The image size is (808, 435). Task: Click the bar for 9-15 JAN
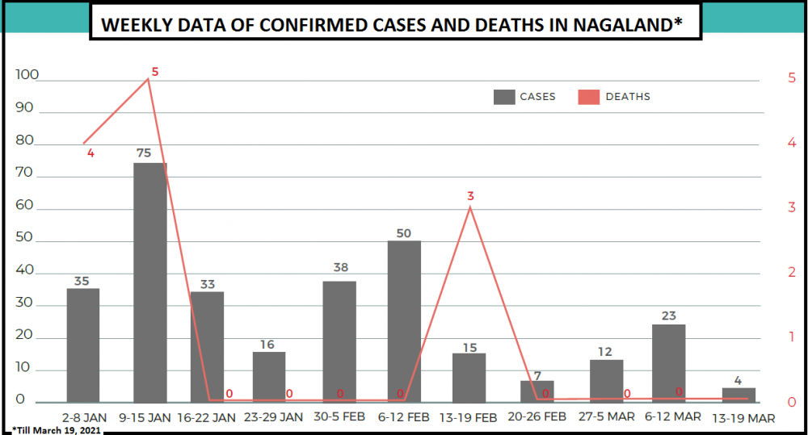[150, 282]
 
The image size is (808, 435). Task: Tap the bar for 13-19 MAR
[739, 395]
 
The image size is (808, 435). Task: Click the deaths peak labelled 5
[149, 78]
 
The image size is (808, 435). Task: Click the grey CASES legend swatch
[504, 97]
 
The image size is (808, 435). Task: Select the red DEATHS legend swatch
[589, 97]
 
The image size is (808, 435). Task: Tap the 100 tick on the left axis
[27, 76]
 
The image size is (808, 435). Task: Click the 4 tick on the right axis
[792, 143]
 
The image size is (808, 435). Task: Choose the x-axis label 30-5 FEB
[340, 417]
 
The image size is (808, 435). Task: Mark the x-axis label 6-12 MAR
[673, 417]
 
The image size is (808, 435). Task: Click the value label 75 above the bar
[145, 153]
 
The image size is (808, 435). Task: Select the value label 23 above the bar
[668, 316]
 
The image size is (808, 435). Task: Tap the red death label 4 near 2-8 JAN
[90, 153]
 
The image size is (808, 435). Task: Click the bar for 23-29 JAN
[268, 377]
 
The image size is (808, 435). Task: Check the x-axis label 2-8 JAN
[84, 417]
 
